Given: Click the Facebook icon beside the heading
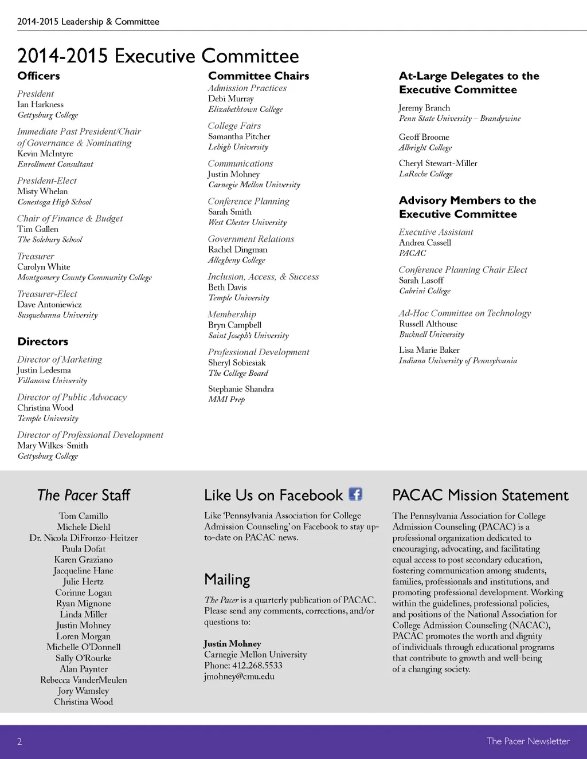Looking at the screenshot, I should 355,494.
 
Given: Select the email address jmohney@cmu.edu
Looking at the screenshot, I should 239,677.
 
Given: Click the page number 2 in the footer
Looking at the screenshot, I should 19,742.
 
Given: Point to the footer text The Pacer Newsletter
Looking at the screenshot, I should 528,741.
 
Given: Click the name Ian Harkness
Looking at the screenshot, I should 40,104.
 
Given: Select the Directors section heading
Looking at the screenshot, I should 42,341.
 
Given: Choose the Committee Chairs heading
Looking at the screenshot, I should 259,76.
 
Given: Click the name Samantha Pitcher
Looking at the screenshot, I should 239,136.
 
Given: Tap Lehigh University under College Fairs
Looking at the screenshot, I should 238,147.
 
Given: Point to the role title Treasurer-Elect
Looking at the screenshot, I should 47,294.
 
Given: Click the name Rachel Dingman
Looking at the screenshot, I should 237,250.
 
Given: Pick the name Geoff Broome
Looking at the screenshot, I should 424,137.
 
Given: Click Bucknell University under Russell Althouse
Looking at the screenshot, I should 432,335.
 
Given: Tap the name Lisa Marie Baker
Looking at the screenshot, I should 429,350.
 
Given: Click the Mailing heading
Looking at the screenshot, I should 227,580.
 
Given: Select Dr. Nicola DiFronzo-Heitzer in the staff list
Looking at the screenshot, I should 84,538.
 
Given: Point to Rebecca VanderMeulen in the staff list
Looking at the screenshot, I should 84,680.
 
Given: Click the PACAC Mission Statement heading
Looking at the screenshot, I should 480,495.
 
